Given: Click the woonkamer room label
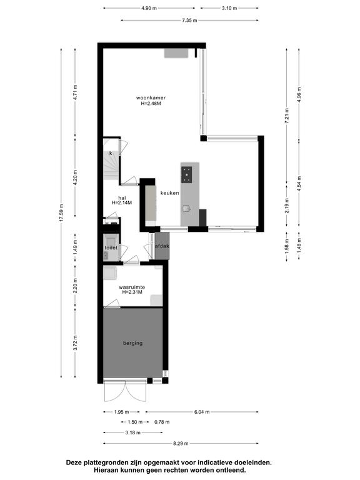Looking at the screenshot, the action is click(151, 98).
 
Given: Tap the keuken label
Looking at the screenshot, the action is click(170, 193).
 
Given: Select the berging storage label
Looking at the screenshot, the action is click(133, 343).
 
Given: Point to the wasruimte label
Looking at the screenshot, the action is click(132, 287).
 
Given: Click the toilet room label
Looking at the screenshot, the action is click(111, 247).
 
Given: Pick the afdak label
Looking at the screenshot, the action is click(162, 246).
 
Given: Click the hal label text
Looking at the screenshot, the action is click(122, 197).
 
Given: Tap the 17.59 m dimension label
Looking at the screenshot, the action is click(61, 212).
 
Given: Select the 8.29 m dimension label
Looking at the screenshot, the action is click(181, 443).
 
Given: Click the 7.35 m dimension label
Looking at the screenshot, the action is click(189, 20).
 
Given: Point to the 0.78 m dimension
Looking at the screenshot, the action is click(162, 422).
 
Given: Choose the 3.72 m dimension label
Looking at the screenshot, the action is click(75, 343).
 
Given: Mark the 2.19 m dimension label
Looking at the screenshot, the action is click(287, 206).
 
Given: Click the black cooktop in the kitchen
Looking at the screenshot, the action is click(186, 174).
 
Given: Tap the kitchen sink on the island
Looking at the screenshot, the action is click(186, 209).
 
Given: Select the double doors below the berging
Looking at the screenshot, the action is click(125, 391).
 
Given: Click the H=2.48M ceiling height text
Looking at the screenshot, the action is click(151, 104).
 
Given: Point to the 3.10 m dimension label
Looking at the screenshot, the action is click(229, 8).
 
